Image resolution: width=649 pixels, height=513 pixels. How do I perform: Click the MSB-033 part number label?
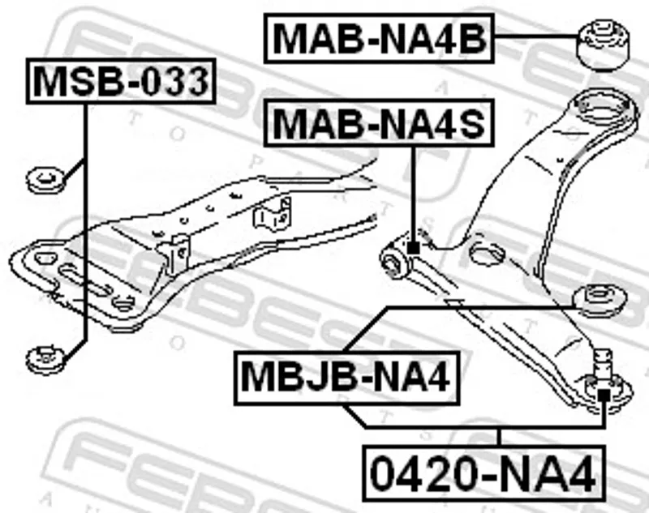click(121, 81)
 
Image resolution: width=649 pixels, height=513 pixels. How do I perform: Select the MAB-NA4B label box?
click(379, 38)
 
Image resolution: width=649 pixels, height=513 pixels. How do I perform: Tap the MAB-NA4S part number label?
click(379, 122)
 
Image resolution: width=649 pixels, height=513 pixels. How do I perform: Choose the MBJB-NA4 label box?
click(347, 378)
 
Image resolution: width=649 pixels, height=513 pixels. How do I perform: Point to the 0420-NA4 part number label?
click(484, 473)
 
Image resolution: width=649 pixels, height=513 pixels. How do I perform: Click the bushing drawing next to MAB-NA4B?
click(603, 45)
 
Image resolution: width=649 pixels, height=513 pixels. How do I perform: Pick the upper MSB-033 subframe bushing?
click(45, 180)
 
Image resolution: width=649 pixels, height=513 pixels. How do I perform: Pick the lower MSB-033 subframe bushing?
click(45, 360)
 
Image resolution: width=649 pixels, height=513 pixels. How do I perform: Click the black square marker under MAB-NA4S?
click(413, 248)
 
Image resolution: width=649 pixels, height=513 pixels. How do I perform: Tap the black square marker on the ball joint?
click(604, 395)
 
